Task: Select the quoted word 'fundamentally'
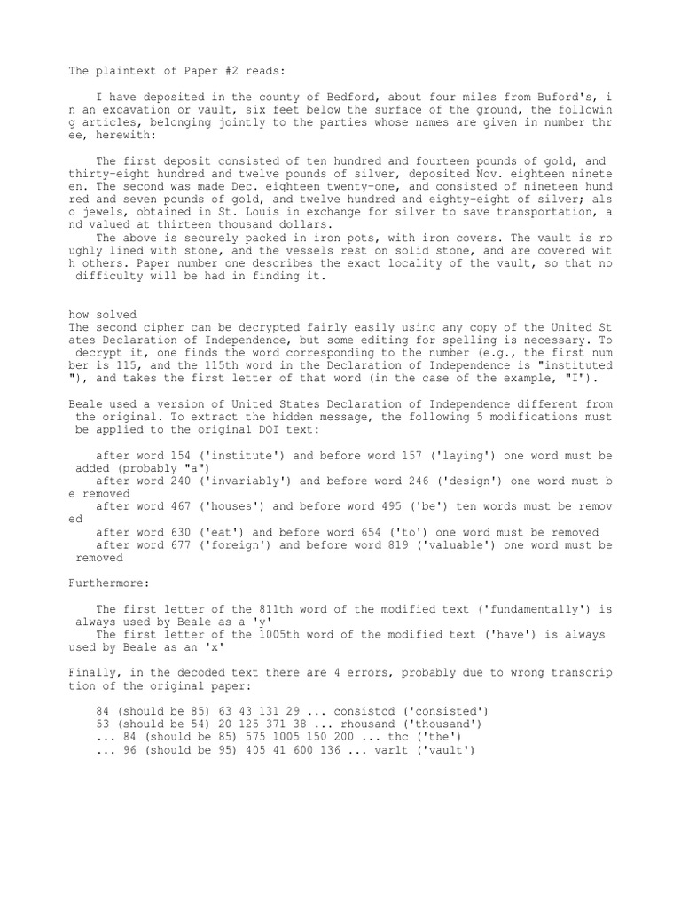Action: pyautogui.click(x=518, y=609)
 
